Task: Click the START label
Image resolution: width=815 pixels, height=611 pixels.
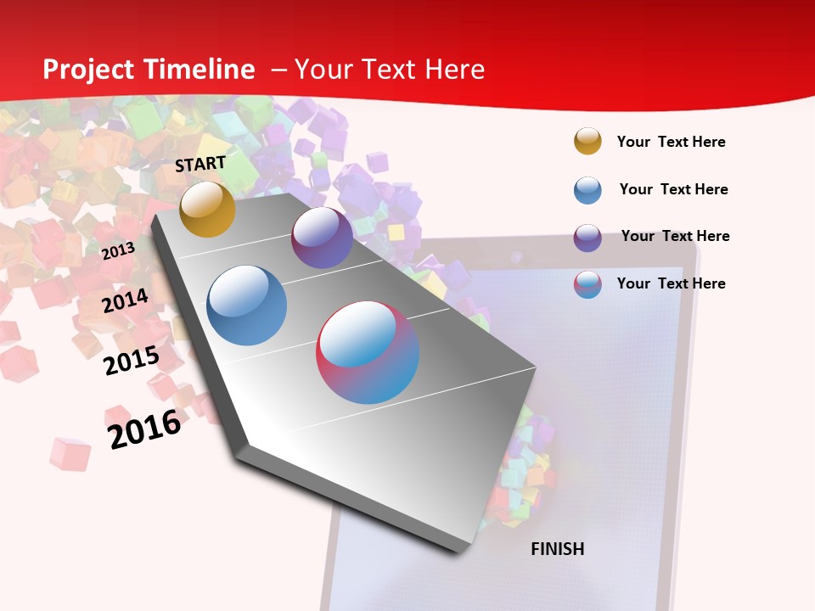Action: tap(200, 163)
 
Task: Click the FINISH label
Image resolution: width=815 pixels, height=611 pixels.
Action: tap(557, 549)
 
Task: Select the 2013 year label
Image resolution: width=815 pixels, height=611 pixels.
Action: tap(118, 250)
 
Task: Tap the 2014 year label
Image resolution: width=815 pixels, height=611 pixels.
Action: tap(126, 300)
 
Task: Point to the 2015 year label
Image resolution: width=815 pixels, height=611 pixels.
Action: tap(132, 360)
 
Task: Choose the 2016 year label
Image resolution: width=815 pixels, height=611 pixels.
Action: tap(144, 429)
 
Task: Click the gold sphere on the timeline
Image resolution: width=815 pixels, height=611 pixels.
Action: tap(207, 209)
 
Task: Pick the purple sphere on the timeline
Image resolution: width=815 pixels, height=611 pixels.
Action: tap(322, 238)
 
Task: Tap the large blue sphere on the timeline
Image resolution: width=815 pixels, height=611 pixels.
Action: tap(247, 305)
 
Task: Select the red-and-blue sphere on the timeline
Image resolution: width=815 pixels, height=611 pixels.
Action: tap(368, 352)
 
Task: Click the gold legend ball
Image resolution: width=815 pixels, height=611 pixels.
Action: tap(587, 141)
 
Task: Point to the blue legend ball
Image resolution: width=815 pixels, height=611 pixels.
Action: tap(587, 190)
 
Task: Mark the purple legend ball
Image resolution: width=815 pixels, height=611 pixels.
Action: tap(587, 238)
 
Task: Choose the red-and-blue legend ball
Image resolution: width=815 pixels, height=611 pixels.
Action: tap(587, 284)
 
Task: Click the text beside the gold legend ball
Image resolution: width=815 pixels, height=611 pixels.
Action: tap(671, 142)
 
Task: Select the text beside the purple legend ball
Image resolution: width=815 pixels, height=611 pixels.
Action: tap(675, 236)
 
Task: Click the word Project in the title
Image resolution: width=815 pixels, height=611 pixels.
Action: tap(90, 70)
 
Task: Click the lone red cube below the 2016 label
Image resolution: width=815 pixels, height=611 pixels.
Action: tap(70, 453)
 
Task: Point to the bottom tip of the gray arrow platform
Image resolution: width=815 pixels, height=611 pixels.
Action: tap(461, 551)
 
